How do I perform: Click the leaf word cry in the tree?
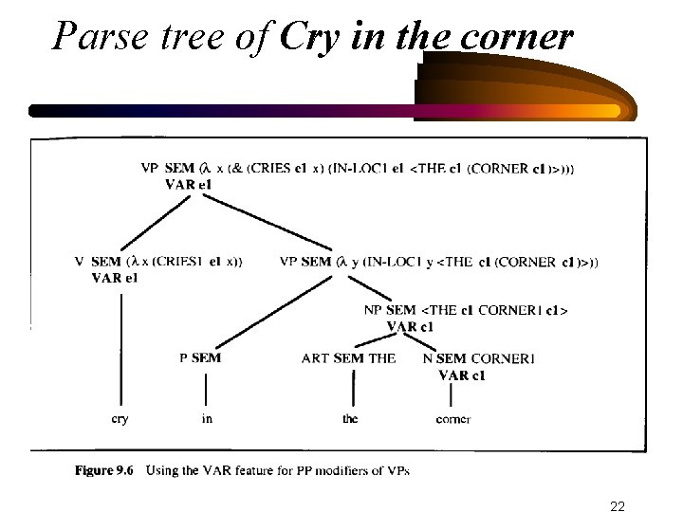pyautogui.click(x=120, y=418)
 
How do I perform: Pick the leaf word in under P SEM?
pyautogui.click(x=207, y=418)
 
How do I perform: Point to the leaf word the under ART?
pyautogui.click(x=350, y=418)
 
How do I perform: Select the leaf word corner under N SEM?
pyautogui.click(x=453, y=418)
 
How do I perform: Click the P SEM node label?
pyautogui.click(x=200, y=358)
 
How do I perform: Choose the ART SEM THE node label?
pyautogui.click(x=348, y=358)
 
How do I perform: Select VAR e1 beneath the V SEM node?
pyautogui.click(x=115, y=278)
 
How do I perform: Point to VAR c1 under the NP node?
pyautogui.click(x=411, y=326)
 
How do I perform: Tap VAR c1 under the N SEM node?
pyautogui.click(x=463, y=375)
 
